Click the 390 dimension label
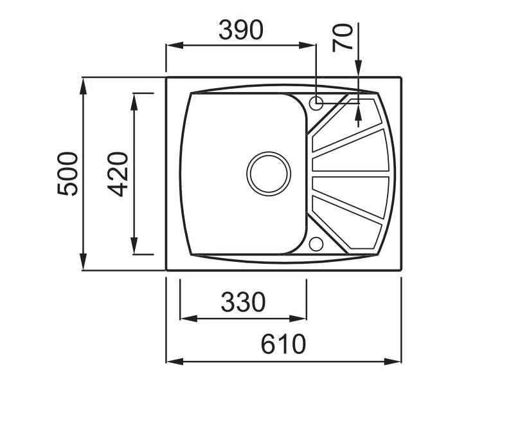tap(241, 30)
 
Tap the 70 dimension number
tap(342, 37)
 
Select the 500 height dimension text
tap(67, 174)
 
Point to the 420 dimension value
tap(118, 174)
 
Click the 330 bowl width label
tap(243, 302)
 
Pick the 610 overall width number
tap(283, 344)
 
